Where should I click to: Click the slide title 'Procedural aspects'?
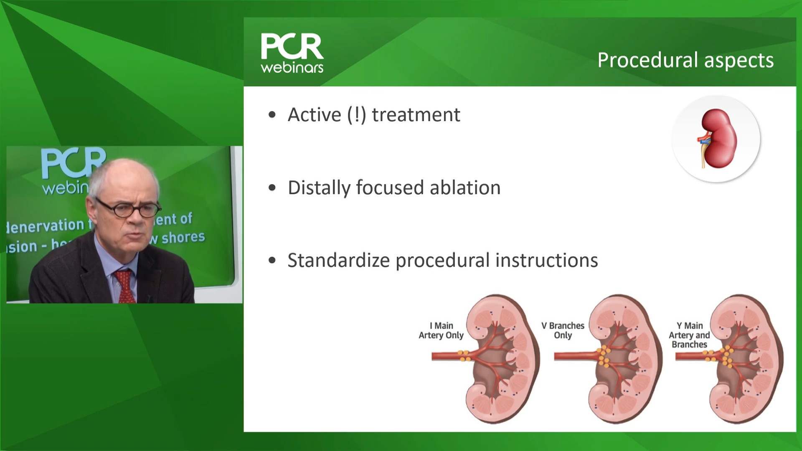[685, 60]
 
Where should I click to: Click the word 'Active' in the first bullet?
[314, 115]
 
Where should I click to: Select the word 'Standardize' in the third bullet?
[338, 260]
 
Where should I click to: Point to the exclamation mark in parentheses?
[356, 115]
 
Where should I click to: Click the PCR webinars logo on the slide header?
[292, 53]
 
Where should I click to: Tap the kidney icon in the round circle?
[716, 138]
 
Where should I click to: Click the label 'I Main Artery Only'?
[441, 330]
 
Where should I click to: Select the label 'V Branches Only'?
[563, 330]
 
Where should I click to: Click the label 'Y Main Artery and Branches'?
[689, 335]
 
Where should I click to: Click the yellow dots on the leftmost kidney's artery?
[463, 355]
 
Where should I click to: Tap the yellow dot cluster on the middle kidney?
[603, 356]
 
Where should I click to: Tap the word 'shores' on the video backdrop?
[183, 238]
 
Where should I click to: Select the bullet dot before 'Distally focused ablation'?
[272, 188]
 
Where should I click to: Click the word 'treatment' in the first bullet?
[416, 115]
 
